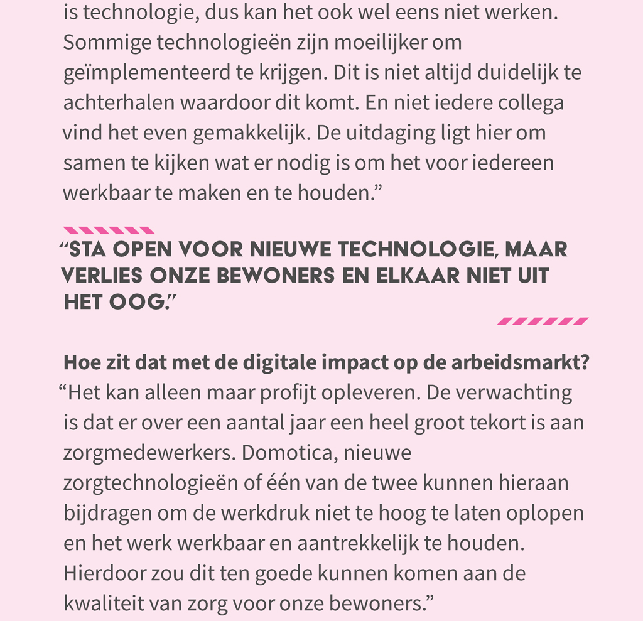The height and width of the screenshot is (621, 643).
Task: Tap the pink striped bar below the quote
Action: [543, 321]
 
